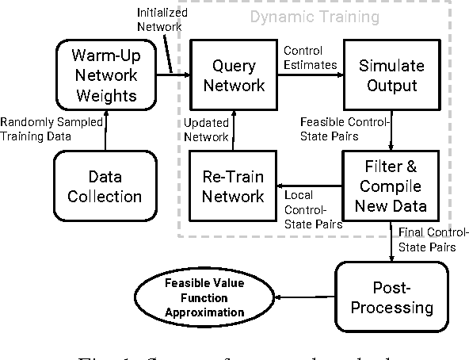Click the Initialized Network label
pyautogui.click(x=163, y=20)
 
